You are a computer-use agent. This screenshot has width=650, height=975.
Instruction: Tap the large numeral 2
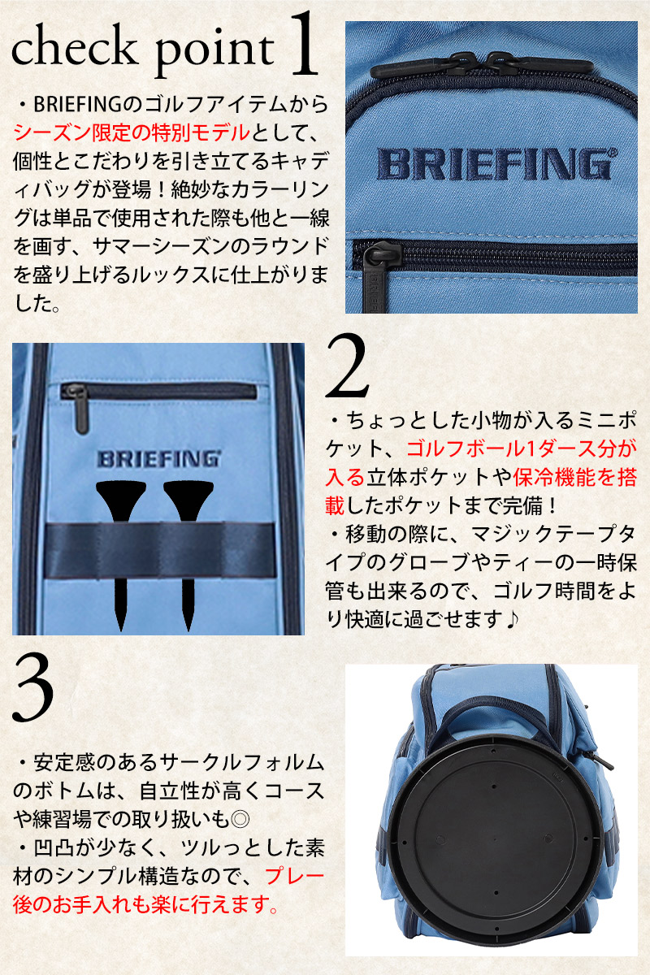click(348, 366)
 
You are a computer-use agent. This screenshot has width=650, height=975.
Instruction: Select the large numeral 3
click(33, 689)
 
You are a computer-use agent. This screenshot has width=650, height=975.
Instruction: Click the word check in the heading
click(72, 48)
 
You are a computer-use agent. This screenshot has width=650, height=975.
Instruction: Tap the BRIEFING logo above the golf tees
click(159, 459)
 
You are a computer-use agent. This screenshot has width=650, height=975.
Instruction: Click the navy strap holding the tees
click(159, 550)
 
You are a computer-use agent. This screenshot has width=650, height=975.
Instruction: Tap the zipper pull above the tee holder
click(80, 410)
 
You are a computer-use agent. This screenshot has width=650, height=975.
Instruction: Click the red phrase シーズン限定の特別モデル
click(132, 132)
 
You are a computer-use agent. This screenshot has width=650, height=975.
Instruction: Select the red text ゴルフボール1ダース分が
click(521, 448)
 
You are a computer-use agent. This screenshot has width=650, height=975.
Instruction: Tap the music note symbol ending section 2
click(512, 619)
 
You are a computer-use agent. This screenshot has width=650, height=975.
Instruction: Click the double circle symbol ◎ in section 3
click(240, 820)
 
